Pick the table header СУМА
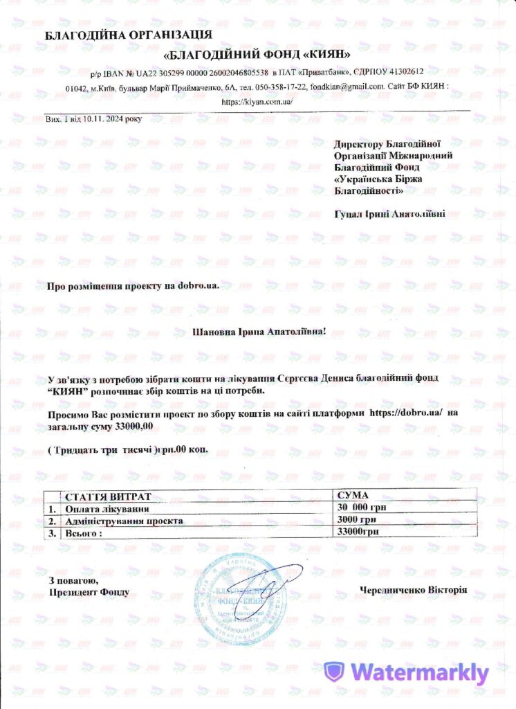pos(352,496)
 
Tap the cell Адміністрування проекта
pos(124,520)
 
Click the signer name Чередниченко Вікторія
pos(414,590)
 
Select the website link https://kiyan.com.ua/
pos(258,101)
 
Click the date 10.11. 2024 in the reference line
pos(103,118)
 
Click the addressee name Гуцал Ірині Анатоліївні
pos(390,214)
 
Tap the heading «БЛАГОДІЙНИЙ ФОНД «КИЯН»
pos(258,53)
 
